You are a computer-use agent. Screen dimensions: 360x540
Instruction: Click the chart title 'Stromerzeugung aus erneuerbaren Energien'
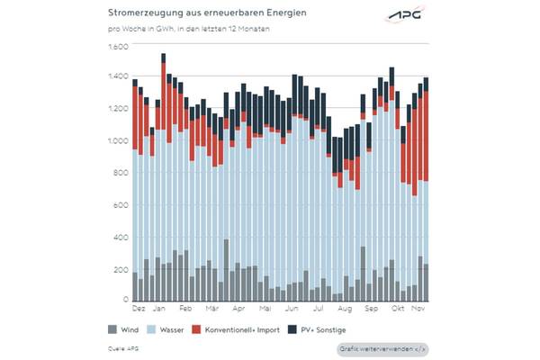(x=195, y=14)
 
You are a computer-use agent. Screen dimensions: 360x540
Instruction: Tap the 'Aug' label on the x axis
(x=342, y=309)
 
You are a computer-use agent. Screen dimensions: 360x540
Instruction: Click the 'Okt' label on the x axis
(x=396, y=309)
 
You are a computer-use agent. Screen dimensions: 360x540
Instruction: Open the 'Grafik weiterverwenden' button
(x=383, y=348)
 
